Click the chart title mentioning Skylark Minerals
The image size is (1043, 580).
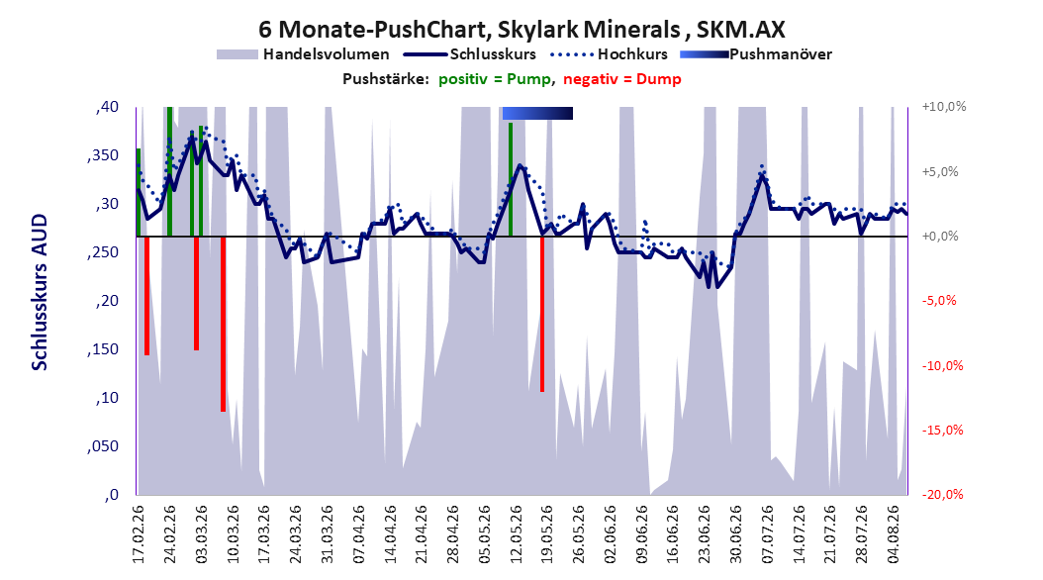point(521,30)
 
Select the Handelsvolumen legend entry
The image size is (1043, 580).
point(303,54)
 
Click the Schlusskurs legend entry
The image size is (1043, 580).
point(469,54)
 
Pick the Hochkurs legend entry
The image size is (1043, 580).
point(609,54)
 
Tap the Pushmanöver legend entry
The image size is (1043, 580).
point(756,54)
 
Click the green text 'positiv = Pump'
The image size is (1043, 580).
point(495,79)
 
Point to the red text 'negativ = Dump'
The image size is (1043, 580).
point(622,79)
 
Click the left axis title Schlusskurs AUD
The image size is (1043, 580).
point(40,292)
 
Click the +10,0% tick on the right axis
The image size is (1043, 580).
point(943,107)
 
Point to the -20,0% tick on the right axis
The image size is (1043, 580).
point(942,494)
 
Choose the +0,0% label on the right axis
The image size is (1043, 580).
point(939,237)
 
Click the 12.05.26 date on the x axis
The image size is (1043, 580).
point(515,534)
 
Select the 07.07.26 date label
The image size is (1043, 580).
point(767,534)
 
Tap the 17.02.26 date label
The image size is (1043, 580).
point(139,534)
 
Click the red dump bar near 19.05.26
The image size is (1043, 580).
point(542,314)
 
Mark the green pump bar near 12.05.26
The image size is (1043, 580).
point(511,179)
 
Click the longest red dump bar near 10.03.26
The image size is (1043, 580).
point(223,324)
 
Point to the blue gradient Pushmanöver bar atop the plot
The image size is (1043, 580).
point(537,113)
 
